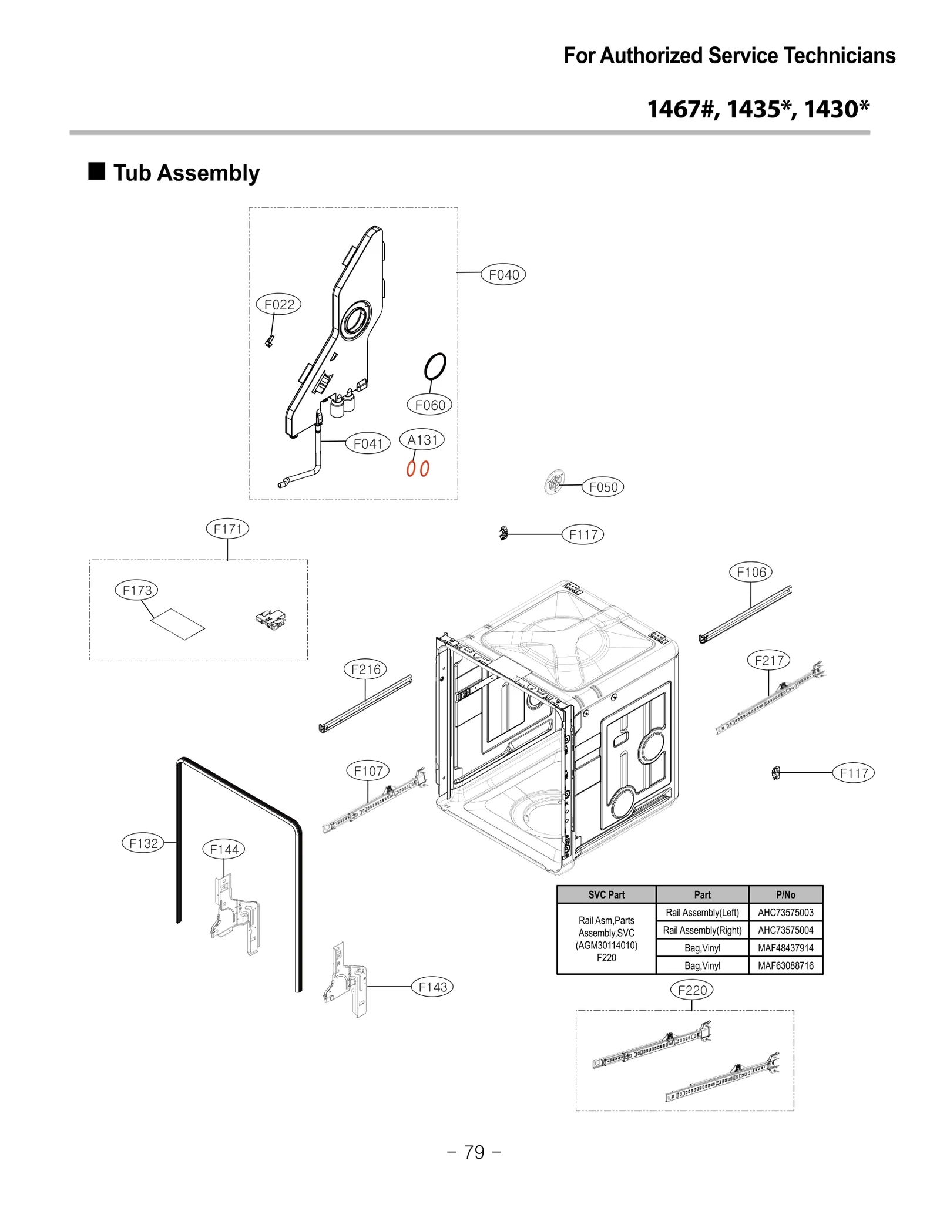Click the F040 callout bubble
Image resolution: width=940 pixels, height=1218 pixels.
(503, 274)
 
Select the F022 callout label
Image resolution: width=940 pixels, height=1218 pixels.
(278, 304)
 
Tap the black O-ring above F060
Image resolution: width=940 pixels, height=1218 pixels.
(435, 366)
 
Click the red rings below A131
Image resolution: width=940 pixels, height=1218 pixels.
(418, 468)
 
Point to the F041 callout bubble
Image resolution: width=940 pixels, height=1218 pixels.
(368, 443)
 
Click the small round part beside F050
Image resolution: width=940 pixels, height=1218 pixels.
(554, 483)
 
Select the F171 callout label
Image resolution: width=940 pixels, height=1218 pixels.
(227, 529)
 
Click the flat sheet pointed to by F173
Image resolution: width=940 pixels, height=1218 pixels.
(178, 624)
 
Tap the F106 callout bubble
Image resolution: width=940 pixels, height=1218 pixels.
(750, 571)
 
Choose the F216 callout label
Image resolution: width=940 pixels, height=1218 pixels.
(365, 669)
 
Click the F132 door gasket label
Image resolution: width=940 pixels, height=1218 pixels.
(143, 843)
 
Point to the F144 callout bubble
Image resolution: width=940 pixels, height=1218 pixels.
(224, 849)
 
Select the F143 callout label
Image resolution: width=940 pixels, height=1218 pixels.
(432, 987)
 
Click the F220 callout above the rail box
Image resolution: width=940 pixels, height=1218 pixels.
(691, 990)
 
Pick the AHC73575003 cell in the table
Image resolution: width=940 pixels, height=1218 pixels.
(785, 912)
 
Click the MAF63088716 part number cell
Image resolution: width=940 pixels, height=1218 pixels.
(785, 965)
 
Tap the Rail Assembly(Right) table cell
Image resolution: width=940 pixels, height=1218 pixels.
(701, 930)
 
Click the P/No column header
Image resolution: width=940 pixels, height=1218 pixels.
(785, 894)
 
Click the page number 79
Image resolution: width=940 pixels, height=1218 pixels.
(474, 1152)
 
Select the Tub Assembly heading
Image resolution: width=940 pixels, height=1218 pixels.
(186, 173)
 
